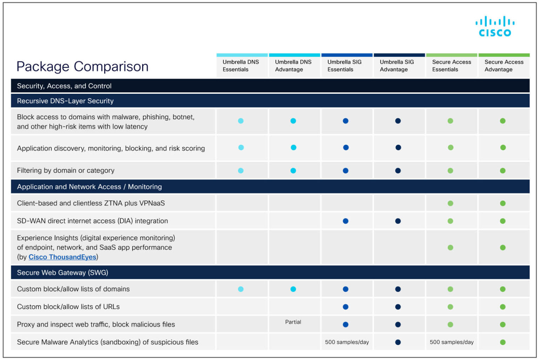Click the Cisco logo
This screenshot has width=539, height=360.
point(495,26)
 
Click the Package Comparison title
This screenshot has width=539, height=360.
point(82,66)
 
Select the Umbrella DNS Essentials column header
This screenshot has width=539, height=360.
point(241,66)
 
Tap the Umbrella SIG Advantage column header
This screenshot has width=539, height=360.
point(397,66)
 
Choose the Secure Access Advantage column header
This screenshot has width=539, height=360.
point(504,66)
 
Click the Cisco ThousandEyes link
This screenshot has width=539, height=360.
point(62,257)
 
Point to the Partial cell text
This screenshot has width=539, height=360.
point(293,322)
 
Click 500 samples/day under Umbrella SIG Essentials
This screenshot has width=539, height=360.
point(347,342)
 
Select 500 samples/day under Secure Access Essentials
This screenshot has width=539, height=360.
point(451,342)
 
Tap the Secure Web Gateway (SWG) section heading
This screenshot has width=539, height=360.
point(62,273)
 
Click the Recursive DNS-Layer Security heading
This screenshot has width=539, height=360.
point(65,101)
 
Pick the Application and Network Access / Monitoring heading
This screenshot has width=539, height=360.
point(89,187)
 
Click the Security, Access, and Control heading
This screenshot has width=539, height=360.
point(64,86)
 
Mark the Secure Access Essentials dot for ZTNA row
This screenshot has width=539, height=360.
point(450,203)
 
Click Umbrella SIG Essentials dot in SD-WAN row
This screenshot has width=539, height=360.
point(346,221)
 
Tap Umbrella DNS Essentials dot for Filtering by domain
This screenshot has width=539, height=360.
point(241,171)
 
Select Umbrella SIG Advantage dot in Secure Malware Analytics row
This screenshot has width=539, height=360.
point(398,342)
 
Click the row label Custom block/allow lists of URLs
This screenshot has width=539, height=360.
point(68,307)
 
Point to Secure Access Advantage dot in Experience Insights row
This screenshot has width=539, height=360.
point(503,248)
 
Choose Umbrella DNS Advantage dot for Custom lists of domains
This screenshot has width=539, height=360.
point(293,289)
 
